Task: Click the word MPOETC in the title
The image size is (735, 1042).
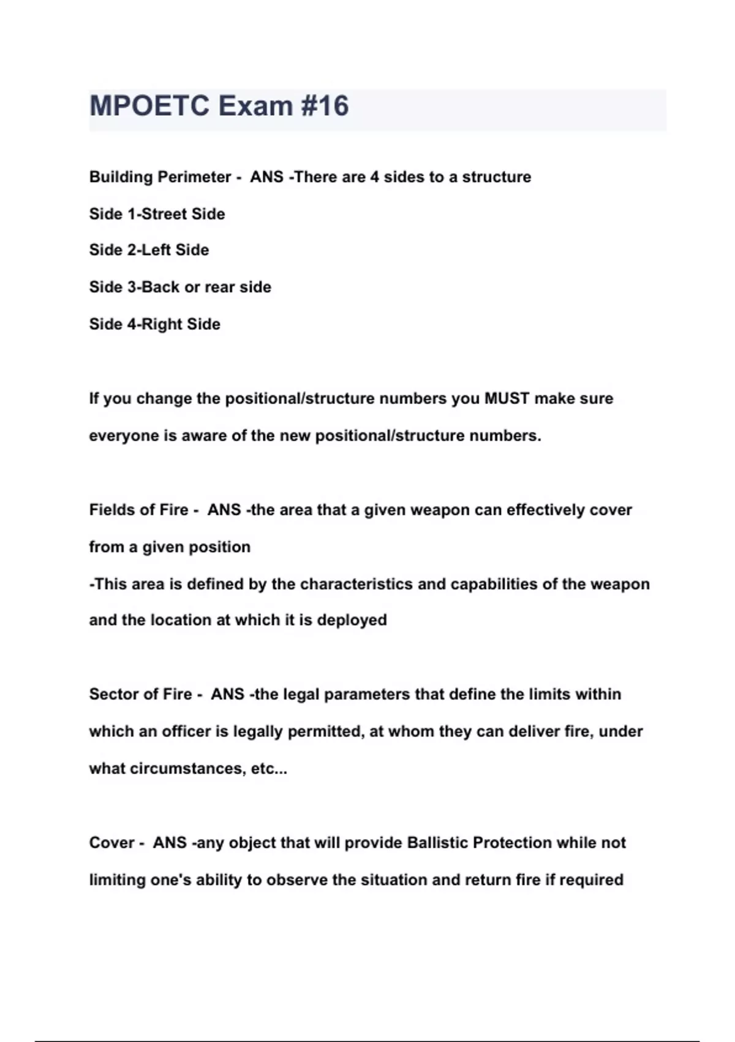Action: pyautogui.click(x=149, y=106)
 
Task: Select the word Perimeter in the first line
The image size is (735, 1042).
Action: pyautogui.click(x=195, y=177)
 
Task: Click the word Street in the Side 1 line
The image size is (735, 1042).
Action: pyautogui.click(x=164, y=214)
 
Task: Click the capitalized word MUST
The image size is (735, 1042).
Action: pyautogui.click(x=507, y=399)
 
